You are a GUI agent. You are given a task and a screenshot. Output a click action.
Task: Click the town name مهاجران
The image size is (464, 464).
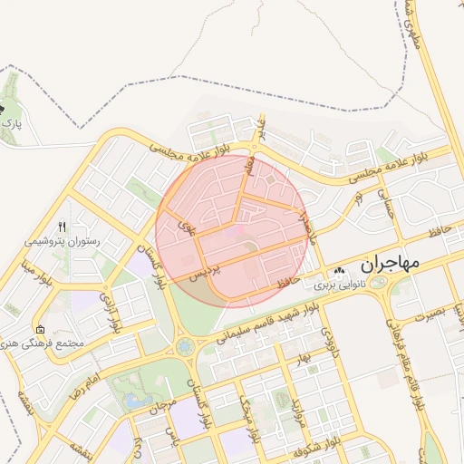click(391, 264)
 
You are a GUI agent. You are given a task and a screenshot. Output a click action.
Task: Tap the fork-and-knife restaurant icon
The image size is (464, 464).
click(63, 227)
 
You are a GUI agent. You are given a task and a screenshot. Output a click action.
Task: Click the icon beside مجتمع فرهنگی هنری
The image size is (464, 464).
click(39, 329)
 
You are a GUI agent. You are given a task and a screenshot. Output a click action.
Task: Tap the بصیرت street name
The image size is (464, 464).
click(430, 314)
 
